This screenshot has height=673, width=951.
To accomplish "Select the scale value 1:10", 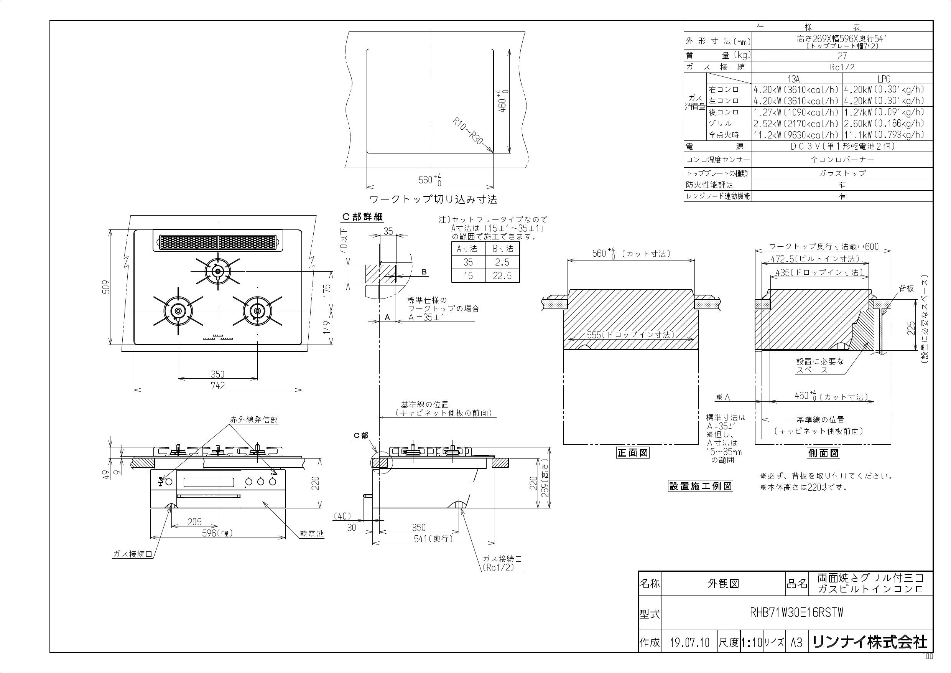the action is point(751,643).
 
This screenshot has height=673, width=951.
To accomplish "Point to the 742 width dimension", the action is point(218,386).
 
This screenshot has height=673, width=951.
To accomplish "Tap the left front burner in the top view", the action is point(178,311).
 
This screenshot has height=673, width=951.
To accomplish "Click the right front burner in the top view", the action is point(257,311).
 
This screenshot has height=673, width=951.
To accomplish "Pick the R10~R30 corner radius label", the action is point(467,130).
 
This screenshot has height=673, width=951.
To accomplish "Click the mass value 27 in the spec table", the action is point(842,56).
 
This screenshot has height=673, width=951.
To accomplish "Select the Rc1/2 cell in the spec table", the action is point(842,67).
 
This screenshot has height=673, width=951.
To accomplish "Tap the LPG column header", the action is point(884,79).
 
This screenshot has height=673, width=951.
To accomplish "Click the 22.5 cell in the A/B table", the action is point(502,275).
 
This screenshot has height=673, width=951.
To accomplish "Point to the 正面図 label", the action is point(633,453).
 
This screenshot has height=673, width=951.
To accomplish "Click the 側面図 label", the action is point(823,453).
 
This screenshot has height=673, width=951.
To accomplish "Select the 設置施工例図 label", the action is point(701,486).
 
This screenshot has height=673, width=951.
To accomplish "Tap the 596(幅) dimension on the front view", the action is point(217,533).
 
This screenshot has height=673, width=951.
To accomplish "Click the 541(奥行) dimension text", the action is point(434,539).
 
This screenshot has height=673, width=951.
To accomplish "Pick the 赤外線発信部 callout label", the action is point(254,420).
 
